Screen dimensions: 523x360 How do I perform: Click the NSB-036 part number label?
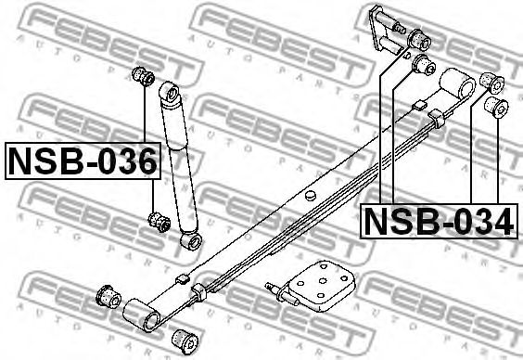[x=83, y=161]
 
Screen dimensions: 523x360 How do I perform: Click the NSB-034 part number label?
[x=439, y=221]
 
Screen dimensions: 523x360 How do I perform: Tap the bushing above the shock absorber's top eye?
[x=144, y=76]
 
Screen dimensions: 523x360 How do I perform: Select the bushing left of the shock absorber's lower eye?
[x=159, y=222]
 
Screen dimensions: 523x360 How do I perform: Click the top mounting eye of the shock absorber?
[x=171, y=93]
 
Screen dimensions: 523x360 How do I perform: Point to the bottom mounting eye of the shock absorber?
[x=191, y=241]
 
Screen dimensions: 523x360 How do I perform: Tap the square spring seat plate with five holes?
[x=321, y=286]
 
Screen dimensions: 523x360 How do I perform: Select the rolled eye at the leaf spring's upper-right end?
[x=457, y=84]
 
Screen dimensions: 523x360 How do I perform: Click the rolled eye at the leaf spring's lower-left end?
[x=142, y=315]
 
